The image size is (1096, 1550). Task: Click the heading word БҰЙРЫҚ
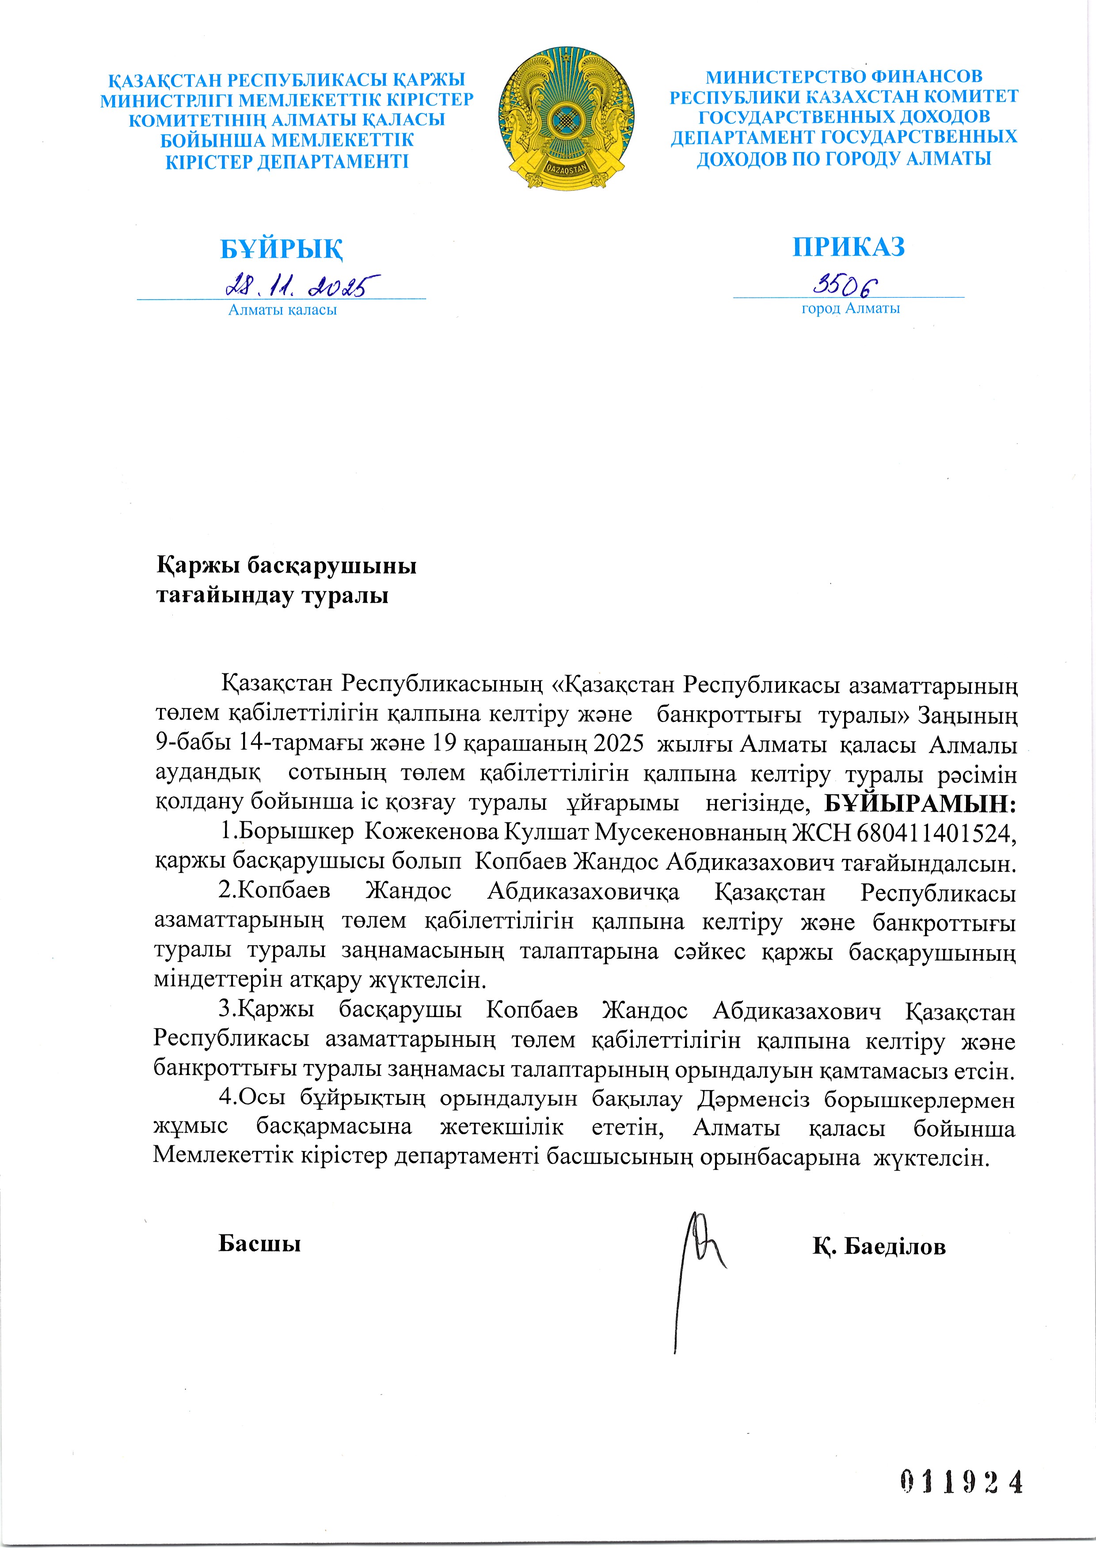click(281, 249)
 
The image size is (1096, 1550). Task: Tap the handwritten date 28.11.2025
click(303, 286)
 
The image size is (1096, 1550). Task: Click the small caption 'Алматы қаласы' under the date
click(282, 310)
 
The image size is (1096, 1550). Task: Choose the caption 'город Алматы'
click(850, 308)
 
